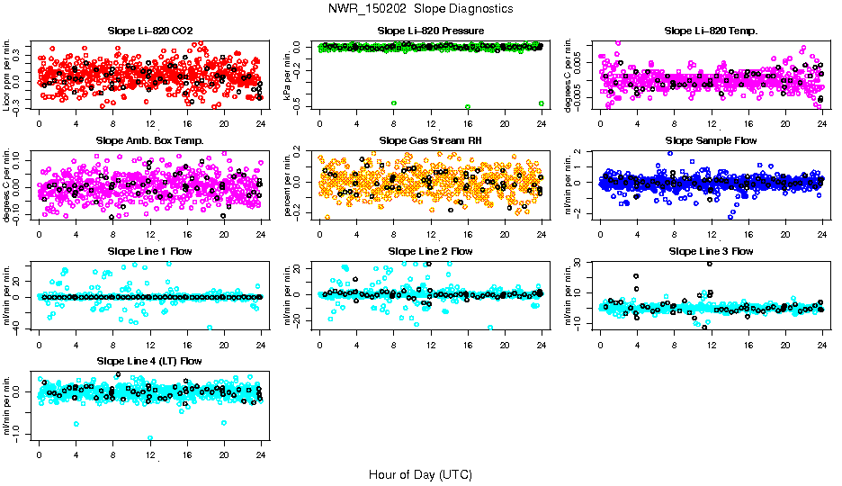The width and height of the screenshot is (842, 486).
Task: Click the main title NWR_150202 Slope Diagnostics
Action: coord(420,8)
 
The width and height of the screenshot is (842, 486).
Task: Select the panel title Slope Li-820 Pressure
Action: coord(431,31)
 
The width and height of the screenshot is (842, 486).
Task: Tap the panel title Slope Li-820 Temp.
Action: coord(711,31)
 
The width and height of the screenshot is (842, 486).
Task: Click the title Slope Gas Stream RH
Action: coord(431,140)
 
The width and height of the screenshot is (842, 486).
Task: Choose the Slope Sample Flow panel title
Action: coord(711,140)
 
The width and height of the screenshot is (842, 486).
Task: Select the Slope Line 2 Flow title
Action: coord(431,251)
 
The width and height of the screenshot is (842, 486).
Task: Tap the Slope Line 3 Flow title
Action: coord(711,251)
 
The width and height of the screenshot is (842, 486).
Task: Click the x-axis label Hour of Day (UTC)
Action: coord(420,474)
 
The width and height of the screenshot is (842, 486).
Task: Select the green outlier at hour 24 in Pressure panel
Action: coord(541,103)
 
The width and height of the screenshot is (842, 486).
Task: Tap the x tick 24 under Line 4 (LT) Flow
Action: coord(261,456)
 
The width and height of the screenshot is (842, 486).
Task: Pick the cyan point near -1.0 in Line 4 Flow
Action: coord(150,438)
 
